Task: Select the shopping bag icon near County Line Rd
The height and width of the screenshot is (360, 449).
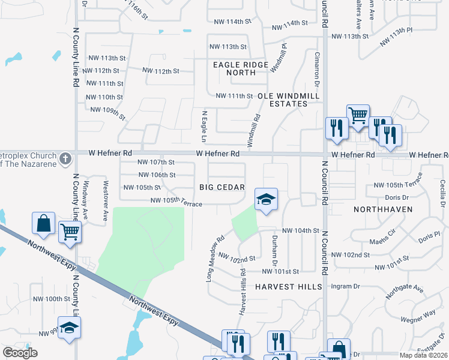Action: [x=44, y=224]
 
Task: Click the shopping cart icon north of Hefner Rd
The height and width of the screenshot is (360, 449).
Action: [x=358, y=114]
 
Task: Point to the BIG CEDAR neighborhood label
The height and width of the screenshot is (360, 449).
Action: [x=218, y=188]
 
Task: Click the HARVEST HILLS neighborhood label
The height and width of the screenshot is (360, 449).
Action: [x=288, y=287]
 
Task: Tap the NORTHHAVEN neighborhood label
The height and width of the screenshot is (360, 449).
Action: [x=381, y=209]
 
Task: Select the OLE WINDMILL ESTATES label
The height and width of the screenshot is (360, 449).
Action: [x=282, y=100]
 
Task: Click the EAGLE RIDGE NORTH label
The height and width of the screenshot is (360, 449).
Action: [x=241, y=68]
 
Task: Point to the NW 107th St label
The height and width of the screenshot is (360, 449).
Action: [x=156, y=162]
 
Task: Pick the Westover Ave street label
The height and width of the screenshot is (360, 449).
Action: [x=106, y=193]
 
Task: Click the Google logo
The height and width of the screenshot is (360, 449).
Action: [x=20, y=352]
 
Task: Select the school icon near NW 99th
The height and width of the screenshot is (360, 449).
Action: [x=69, y=328]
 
